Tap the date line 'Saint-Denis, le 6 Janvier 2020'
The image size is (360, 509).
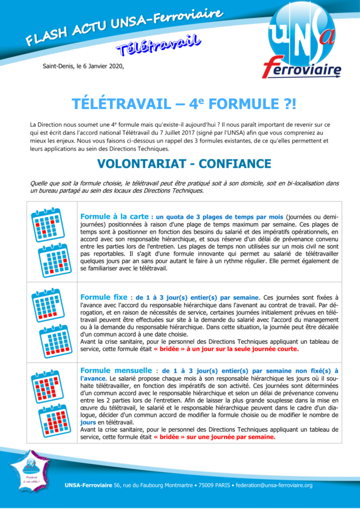[x=83, y=66]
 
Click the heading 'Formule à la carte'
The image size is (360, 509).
[x=114, y=217]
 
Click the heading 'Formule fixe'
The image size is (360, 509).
[x=102, y=297]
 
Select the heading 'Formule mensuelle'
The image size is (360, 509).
[x=116, y=370]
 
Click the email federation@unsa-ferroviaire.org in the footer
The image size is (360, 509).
[x=273, y=485]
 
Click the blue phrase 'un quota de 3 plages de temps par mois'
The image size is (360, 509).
[x=220, y=217]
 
